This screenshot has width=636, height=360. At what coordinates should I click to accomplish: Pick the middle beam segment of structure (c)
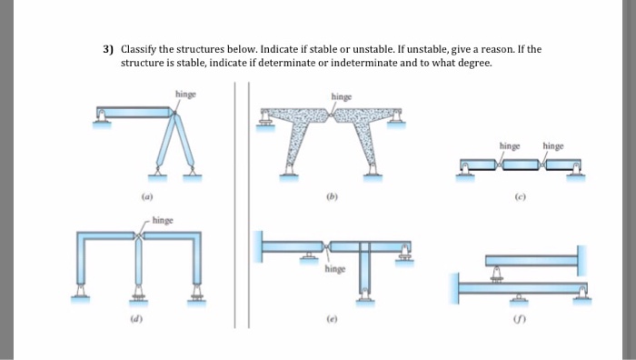518,165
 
